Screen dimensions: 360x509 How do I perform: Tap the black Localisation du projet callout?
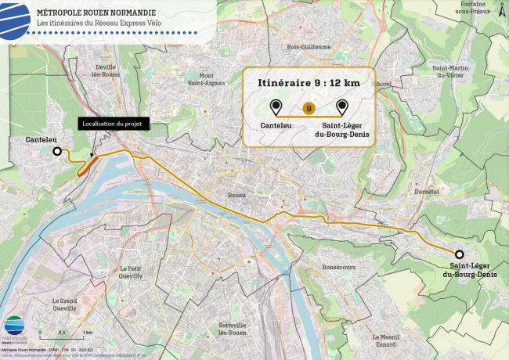coord(113,124)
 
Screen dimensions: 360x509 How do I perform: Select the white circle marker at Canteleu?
coord(57,152)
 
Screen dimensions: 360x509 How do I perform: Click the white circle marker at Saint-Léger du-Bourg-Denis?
coord(459,254)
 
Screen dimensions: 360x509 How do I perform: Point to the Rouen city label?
coord(236,195)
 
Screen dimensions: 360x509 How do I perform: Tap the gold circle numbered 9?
coord(309,108)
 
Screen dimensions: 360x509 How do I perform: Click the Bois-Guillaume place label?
coord(309,47)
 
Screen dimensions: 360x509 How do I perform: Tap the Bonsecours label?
coord(339,266)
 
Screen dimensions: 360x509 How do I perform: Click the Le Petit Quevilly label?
coord(130,272)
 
